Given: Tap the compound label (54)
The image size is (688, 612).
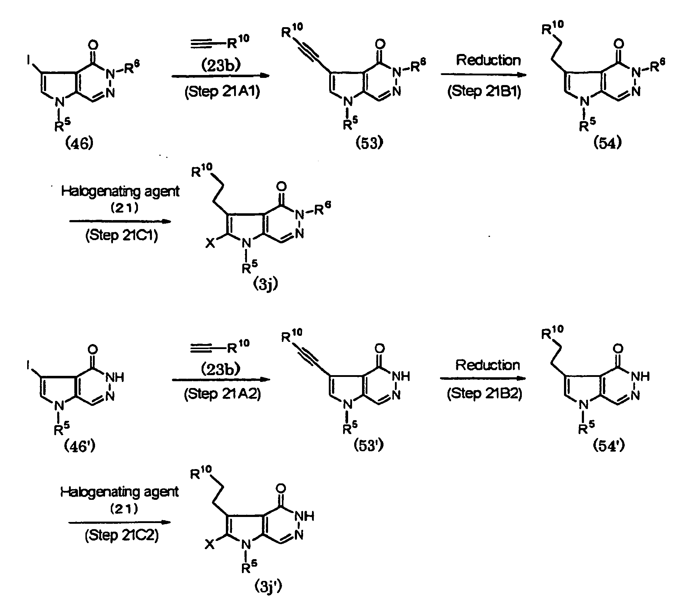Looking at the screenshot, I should click(608, 143).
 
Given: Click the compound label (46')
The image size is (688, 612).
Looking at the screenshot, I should click(79, 446).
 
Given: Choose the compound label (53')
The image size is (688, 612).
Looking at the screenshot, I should click(369, 446).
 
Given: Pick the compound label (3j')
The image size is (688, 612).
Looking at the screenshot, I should click(268, 587).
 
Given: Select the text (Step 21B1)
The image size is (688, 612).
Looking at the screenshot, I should click(484, 91).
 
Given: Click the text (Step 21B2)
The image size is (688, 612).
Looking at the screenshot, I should click(484, 393).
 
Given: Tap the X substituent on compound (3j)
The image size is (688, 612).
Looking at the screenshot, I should click(211, 243).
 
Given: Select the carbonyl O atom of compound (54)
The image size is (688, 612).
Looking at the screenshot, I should click(619, 44).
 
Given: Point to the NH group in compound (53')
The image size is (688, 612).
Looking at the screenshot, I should click(401, 376).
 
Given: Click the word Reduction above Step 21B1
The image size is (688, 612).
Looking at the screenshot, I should click(488, 60).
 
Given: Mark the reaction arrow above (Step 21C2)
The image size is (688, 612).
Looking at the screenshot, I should click(120, 522).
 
